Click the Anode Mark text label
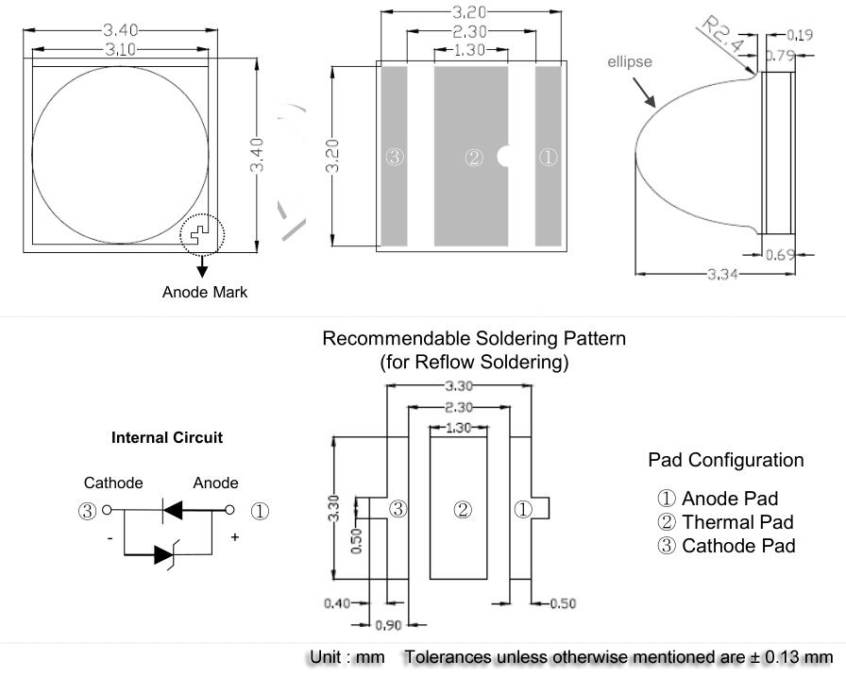(x=204, y=293)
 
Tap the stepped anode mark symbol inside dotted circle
(x=199, y=231)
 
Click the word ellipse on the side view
(x=629, y=62)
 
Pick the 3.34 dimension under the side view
(x=722, y=274)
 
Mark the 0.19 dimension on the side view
(x=800, y=36)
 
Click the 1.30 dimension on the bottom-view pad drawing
(x=470, y=50)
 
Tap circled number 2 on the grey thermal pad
(x=474, y=158)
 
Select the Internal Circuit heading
(x=167, y=438)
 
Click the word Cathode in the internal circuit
(x=113, y=483)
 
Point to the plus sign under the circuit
(x=235, y=537)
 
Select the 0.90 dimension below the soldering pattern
(x=389, y=625)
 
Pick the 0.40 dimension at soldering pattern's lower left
(x=337, y=603)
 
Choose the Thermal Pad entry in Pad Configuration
(x=728, y=522)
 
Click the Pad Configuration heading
(x=726, y=461)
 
